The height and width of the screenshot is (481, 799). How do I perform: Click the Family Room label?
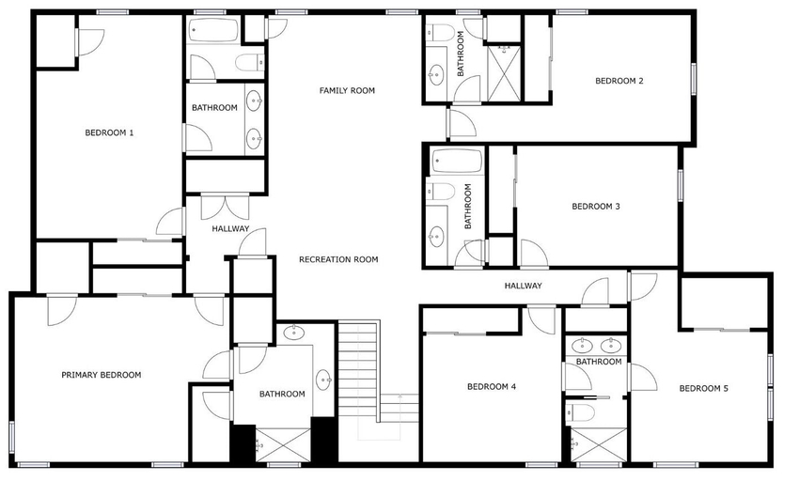pos(347,91)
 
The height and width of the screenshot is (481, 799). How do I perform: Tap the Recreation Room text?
pos(338,259)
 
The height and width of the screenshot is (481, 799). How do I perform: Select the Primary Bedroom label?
pos(101,375)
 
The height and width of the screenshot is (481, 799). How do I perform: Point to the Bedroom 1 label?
pos(109,133)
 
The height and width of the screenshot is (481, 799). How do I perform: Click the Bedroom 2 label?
pos(619,81)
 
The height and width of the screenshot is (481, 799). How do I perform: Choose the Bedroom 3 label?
pos(596,207)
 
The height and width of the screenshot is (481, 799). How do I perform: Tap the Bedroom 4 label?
pos(492,387)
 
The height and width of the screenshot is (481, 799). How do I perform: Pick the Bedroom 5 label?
pos(703,388)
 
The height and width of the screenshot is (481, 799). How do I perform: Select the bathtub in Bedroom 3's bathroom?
pos(457,161)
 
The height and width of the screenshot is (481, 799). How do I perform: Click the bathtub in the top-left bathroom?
pos(213,30)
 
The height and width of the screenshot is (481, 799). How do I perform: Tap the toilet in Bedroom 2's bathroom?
pos(440,33)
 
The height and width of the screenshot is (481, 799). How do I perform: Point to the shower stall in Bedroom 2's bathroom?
pos(504,73)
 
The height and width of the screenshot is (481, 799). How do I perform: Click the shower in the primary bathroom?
pos(283,444)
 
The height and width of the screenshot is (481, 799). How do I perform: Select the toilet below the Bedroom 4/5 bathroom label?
pos(580,411)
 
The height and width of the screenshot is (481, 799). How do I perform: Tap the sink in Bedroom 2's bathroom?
pos(436,75)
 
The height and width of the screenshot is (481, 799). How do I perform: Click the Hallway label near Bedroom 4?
pos(523,286)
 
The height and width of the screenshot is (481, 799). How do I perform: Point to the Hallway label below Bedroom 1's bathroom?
pos(230,229)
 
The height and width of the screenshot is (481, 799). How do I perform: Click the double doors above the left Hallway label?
pos(226,207)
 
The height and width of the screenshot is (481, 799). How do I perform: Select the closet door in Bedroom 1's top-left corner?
pos(89,41)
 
